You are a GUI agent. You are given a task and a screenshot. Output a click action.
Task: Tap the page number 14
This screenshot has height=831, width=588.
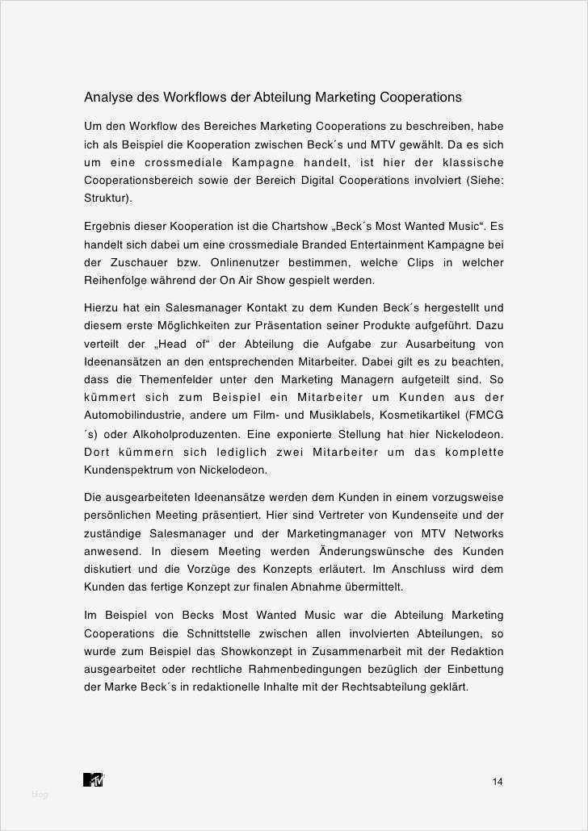(x=498, y=781)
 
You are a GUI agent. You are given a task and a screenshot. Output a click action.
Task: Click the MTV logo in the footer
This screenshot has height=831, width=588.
(x=94, y=779)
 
